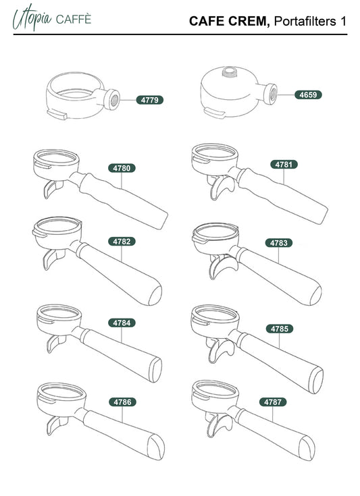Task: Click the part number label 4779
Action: click(150, 100)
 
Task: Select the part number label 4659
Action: click(308, 94)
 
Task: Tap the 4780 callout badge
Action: click(122, 168)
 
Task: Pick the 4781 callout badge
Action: click(284, 165)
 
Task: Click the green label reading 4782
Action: click(122, 242)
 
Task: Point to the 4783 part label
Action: click(279, 243)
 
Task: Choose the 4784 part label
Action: click(122, 323)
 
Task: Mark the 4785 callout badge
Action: click(280, 329)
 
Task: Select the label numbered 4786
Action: click(122, 402)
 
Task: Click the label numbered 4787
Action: click(273, 402)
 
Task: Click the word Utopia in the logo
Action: click(32, 18)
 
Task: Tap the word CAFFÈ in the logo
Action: click(74, 19)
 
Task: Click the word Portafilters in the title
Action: click(305, 21)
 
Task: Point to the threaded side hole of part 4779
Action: click(114, 100)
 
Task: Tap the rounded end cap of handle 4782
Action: click(155, 295)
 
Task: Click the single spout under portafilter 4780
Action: click(53, 188)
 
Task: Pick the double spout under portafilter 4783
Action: click(222, 266)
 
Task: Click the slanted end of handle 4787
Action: click(307, 447)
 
